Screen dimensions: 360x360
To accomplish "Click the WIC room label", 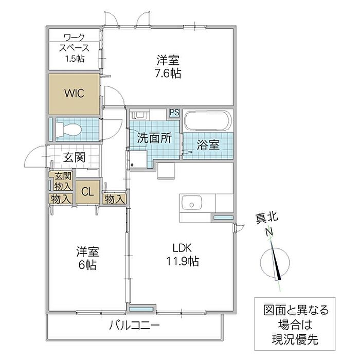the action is pyautogui.click(x=74, y=93).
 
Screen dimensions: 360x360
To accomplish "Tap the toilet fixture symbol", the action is pyautogui.click(x=68, y=130).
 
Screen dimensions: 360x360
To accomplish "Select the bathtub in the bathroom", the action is pyautogui.click(x=208, y=121).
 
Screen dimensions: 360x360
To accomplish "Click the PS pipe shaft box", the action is pyautogui.click(x=175, y=113).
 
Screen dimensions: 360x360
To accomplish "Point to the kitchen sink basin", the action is pyautogui.click(x=191, y=203).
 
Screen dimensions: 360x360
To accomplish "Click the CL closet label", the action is pyautogui.click(x=87, y=192).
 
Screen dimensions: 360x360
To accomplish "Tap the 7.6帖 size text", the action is pyautogui.click(x=168, y=73).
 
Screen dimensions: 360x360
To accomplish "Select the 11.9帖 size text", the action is pyautogui.click(x=183, y=261).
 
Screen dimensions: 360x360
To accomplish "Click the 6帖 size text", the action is pyautogui.click(x=87, y=265).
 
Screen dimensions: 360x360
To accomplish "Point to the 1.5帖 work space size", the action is pyautogui.click(x=75, y=59).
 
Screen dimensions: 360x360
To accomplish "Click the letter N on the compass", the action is pyautogui.click(x=269, y=232).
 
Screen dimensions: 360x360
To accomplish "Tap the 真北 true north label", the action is pyautogui.click(x=267, y=218).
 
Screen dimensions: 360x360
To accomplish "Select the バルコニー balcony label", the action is pyautogui.click(x=134, y=326).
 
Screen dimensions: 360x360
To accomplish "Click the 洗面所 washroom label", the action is pyautogui.click(x=154, y=138).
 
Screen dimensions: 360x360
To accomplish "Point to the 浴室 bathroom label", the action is pyautogui.click(x=208, y=145).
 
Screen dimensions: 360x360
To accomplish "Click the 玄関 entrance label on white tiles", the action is pyautogui.click(x=74, y=157).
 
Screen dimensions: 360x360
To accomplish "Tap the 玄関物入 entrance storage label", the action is pyautogui.click(x=63, y=181).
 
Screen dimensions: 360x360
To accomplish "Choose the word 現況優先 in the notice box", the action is pyautogui.click(x=295, y=339).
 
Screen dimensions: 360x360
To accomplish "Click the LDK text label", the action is pyautogui.click(x=182, y=248).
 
